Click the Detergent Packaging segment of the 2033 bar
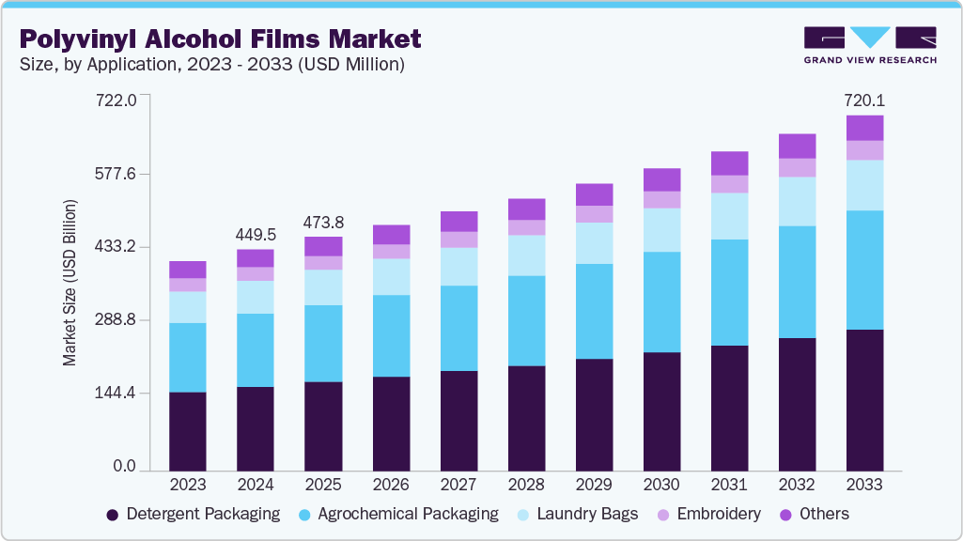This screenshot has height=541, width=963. pyautogui.click(x=864, y=399)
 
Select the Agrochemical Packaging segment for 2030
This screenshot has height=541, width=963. pyautogui.click(x=661, y=301)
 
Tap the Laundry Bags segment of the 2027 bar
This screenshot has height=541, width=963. pyautogui.click(x=458, y=266)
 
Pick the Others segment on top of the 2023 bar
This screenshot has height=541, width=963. pyautogui.click(x=188, y=270)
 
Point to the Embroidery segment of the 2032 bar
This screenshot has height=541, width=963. pyautogui.click(x=797, y=167)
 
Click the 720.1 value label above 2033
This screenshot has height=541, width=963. pyautogui.click(x=864, y=100)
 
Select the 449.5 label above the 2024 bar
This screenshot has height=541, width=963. pyautogui.click(x=256, y=234)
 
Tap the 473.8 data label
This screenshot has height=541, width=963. pyautogui.click(x=323, y=223)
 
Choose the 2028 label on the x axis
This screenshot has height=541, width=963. pyautogui.click(x=526, y=486)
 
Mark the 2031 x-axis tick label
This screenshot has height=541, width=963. pyautogui.click(x=729, y=486)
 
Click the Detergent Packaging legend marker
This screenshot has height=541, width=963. pyautogui.click(x=113, y=515)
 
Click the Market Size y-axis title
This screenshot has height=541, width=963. pyautogui.click(x=70, y=283)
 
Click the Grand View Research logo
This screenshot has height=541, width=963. pyautogui.click(x=869, y=44)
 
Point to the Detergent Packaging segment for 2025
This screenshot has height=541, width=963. pyautogui.click(x=323, y=425)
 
